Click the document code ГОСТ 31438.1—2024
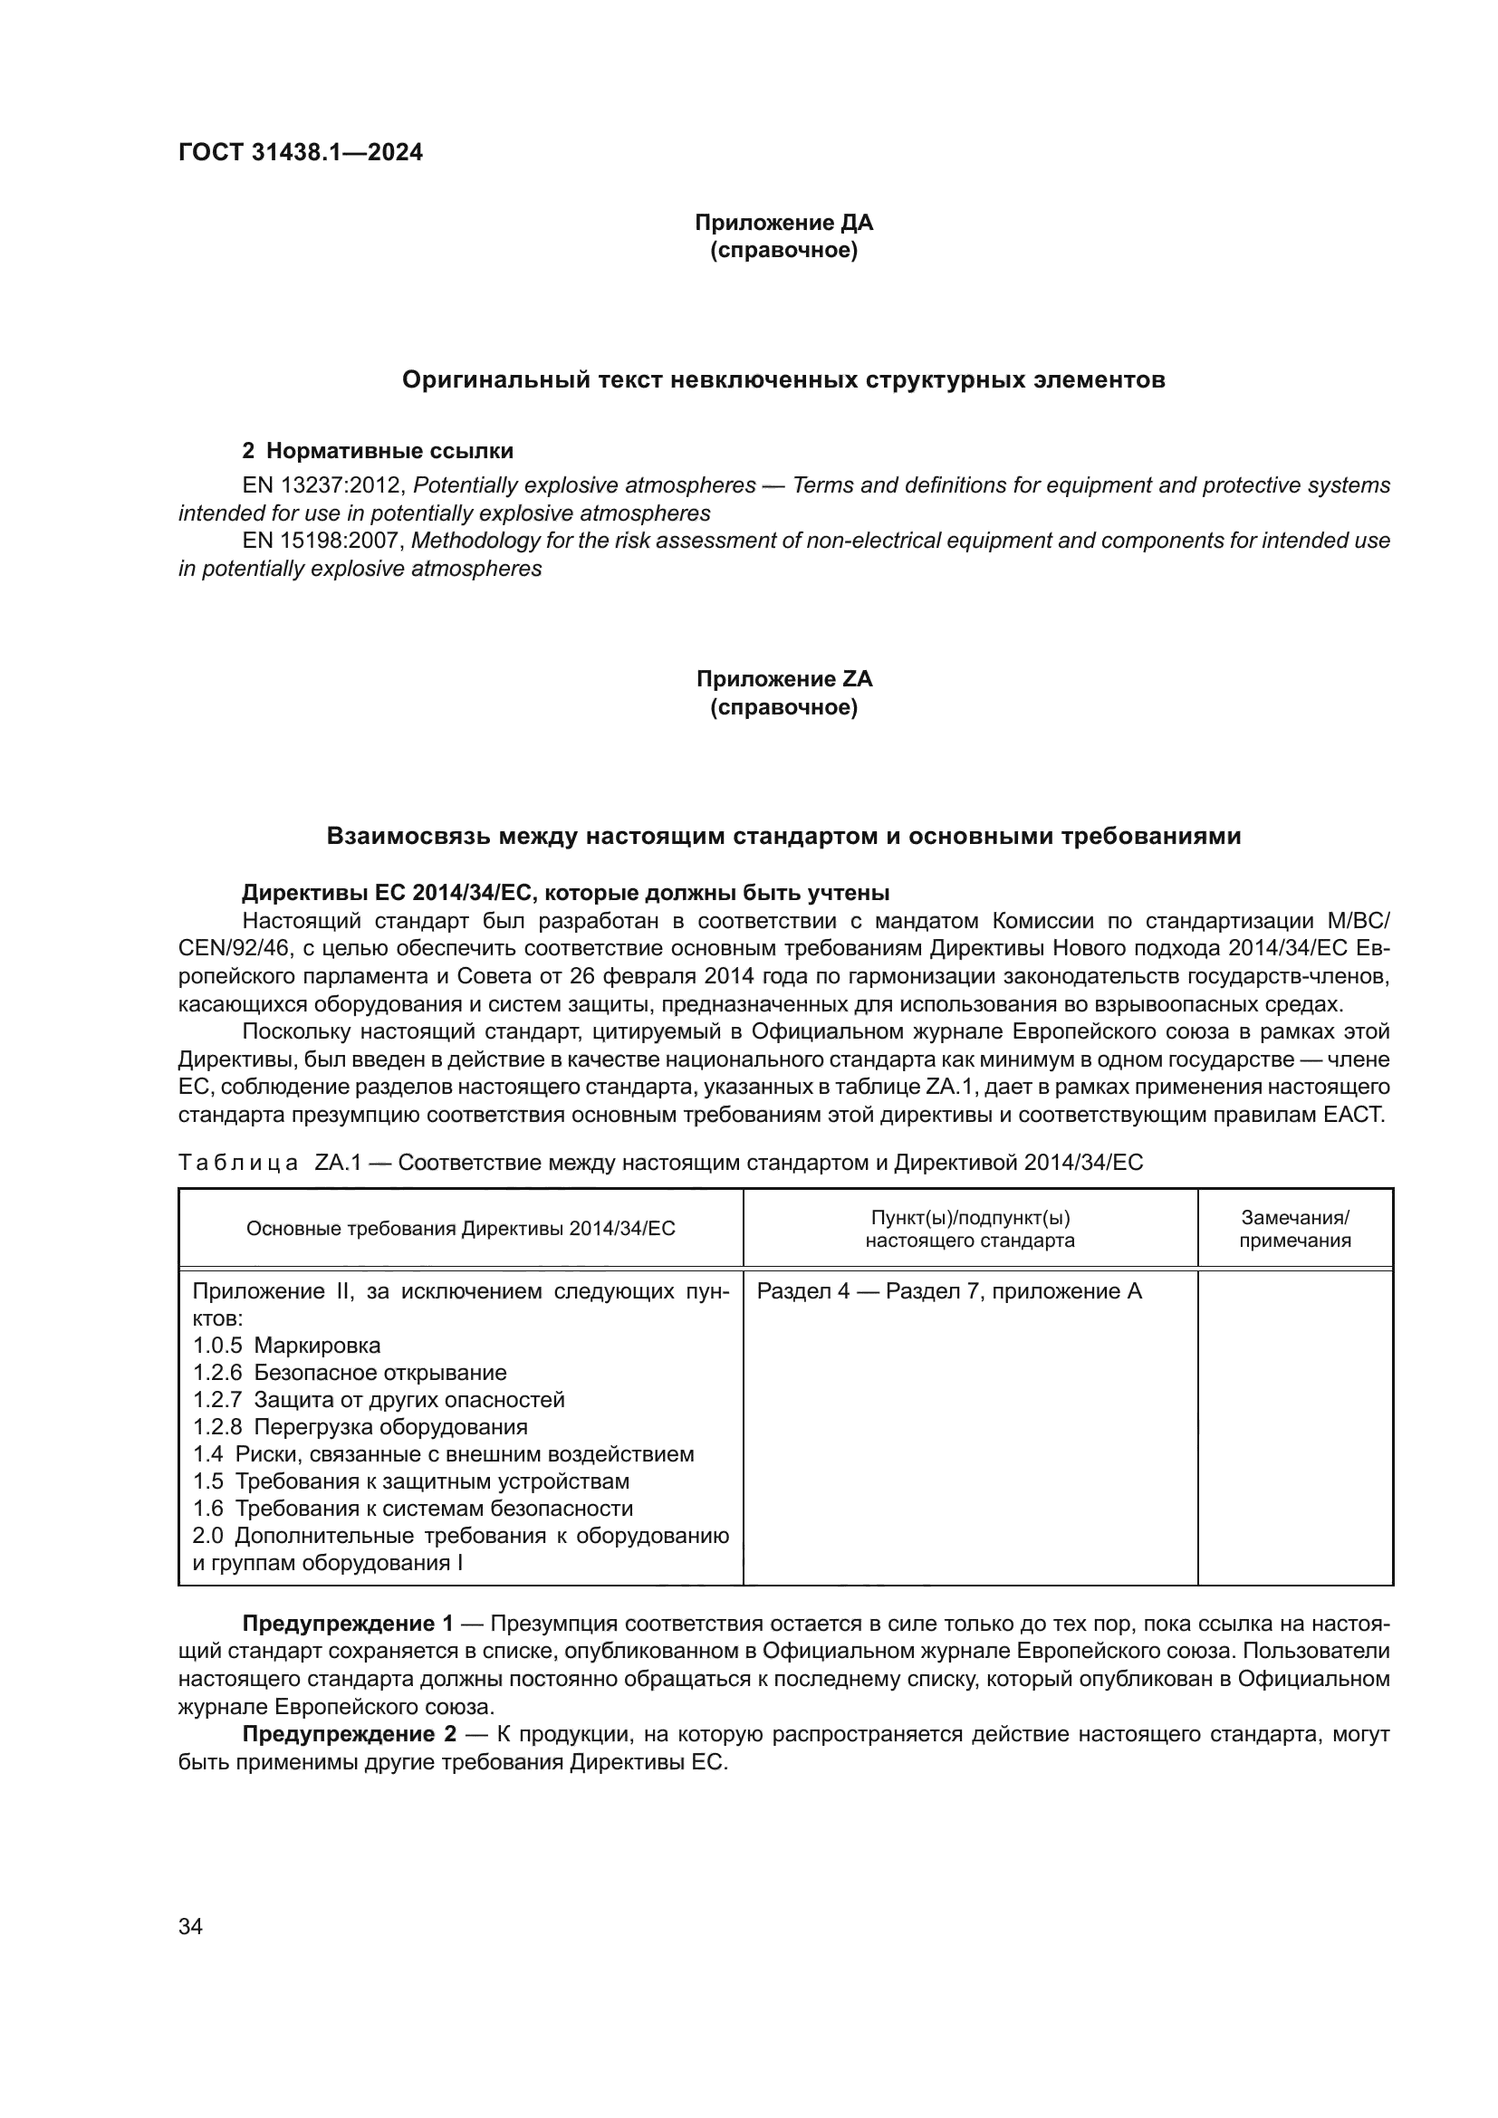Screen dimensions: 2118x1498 coord(300,152)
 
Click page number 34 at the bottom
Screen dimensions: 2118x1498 coord(190,1926)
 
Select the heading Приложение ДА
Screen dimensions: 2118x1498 coord(783,223)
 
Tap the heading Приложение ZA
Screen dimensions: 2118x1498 coord(783,679)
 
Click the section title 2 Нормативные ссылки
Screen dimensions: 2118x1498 coord(378,451)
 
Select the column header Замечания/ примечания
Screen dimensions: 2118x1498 coord(1294,1229)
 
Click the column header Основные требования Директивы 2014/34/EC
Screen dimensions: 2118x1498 coord(460,1229)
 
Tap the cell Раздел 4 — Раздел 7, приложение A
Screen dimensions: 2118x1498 coord(949,1291)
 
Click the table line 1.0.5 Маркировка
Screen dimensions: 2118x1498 coord(287,1345)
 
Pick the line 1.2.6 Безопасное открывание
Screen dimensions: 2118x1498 coord(350,1373)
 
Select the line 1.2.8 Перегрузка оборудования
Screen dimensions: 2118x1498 coord(360,1427)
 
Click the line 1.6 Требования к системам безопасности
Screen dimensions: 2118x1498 coord(412,1509)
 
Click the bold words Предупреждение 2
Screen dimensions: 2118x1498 coord(348,1734)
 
